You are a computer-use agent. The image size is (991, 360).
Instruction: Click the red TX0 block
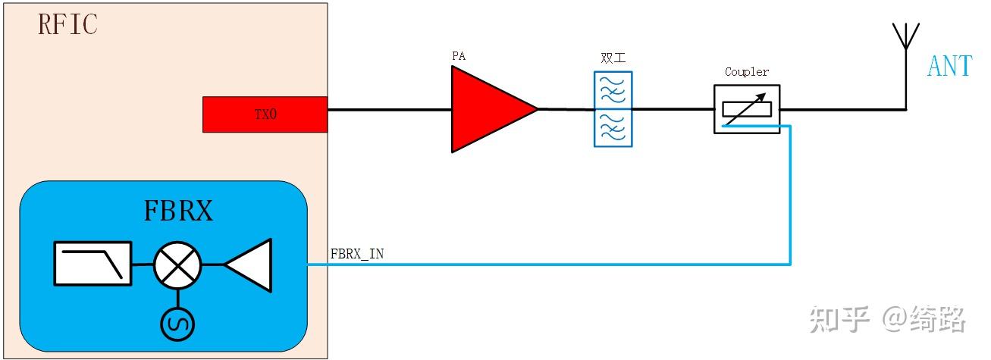pyautogui.click(x=265, y=114)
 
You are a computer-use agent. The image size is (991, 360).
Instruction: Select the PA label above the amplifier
pyautogui.click(x=458, y=56)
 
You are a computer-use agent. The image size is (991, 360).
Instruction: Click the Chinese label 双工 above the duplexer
pyautogui.click(x=612, y=58)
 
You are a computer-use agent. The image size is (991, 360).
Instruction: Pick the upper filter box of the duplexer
pyautogui.click(x=613, y=90)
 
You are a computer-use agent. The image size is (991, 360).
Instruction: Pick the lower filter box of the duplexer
pyautogui.click(x=613, y=127)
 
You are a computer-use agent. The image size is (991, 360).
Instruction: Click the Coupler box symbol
pyautogui.click(x=747, y=109)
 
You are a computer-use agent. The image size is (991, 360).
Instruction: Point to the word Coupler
pyautogui.click(x=747, y=72)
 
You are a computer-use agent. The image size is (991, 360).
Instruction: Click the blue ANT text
pyautogui.click(x=949, y=67)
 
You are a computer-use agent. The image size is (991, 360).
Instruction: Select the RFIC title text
pyautogui.click(x=67, y=25)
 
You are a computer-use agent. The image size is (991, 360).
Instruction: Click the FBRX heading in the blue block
pyautogui.click(x=178, y=211)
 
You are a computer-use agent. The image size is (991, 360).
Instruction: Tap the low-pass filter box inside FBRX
pyautogui.click(x=93, y=265)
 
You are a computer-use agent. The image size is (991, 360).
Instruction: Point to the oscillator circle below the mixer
pyautogui.click(x=177, y=324)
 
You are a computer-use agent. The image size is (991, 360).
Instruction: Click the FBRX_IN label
pyautogui.click(x=357, y=255)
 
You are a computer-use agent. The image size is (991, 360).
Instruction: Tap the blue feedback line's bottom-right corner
pyautogui.click(x=790, y=265)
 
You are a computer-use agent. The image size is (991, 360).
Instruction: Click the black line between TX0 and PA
pyautogui.click(x=389, y=109)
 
